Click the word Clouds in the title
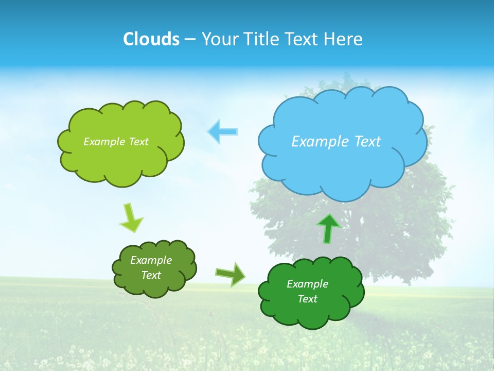click(151, 39)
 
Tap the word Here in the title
click(344, 39)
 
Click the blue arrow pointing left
click(223, 131)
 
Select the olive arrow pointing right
click(231, 274)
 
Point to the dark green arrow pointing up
click(328, 228)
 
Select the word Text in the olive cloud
click(151, 275)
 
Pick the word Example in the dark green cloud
click(307, 284)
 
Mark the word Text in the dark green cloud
click(307, 299)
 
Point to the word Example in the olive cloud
click(151, 260)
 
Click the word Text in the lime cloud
click(138, 142)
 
